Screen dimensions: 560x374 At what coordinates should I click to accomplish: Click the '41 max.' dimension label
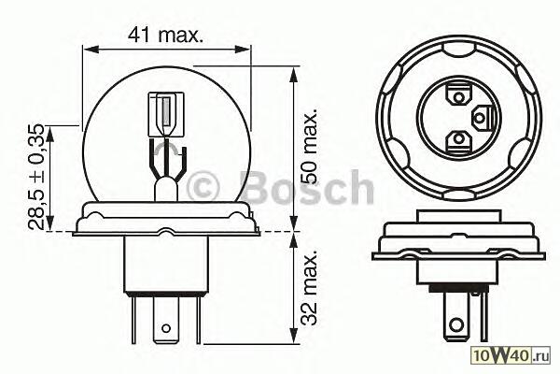coord(165,36)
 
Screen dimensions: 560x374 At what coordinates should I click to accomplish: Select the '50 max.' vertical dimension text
coord(308,146)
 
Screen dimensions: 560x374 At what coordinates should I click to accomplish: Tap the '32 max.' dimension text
coord(308,288)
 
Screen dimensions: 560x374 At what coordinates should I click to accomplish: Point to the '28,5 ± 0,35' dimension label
coord(36,177)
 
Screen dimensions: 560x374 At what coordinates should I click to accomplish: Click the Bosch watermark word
coord(307,187)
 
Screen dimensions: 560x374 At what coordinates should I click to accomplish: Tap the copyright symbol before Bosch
coord(203,186)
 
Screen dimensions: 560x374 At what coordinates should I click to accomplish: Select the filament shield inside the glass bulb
coord(166,114)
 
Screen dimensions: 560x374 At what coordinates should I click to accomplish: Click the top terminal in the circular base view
coord(457,94)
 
